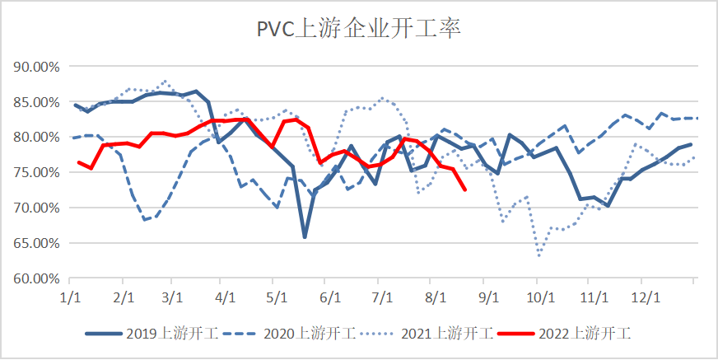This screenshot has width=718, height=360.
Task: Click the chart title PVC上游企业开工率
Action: click(x=358, y=30)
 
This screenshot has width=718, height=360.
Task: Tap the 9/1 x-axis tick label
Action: click(x=489, y=297)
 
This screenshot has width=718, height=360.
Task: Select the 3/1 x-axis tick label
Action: click(x=172, y=297)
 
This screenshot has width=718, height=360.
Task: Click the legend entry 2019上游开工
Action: click(x=152, y=333)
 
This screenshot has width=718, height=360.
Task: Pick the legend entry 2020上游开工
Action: click(x=289, y=333)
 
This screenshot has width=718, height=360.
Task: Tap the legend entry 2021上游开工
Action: click(x=427, y=333)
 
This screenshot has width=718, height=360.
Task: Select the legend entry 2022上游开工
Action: click(x=565, y=333)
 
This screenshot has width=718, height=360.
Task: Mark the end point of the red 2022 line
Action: click(x=464, y=189)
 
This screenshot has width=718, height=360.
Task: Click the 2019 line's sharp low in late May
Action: click(x=305, y=236)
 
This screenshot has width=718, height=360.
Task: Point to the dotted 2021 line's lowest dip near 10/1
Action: click(x=539, y=255)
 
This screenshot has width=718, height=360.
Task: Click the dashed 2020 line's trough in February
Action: click(x=145, y=220)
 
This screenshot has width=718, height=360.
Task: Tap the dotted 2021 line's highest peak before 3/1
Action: click(x=165, y=81)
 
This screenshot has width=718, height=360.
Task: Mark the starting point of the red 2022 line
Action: click(x=79, y=162)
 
